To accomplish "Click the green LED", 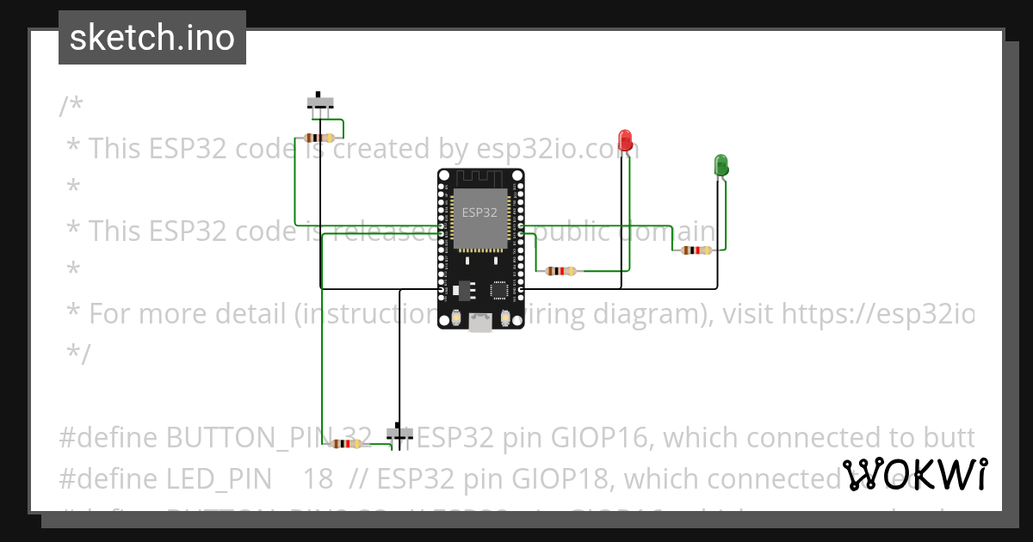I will (721, 164).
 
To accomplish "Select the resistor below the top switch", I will (320, 138).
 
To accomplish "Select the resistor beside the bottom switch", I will (346, 444).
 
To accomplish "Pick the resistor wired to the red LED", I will (561, 271).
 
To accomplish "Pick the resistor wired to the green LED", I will (696, 250).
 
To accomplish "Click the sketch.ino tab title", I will (152, 38).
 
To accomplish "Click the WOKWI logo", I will (914, 474).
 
